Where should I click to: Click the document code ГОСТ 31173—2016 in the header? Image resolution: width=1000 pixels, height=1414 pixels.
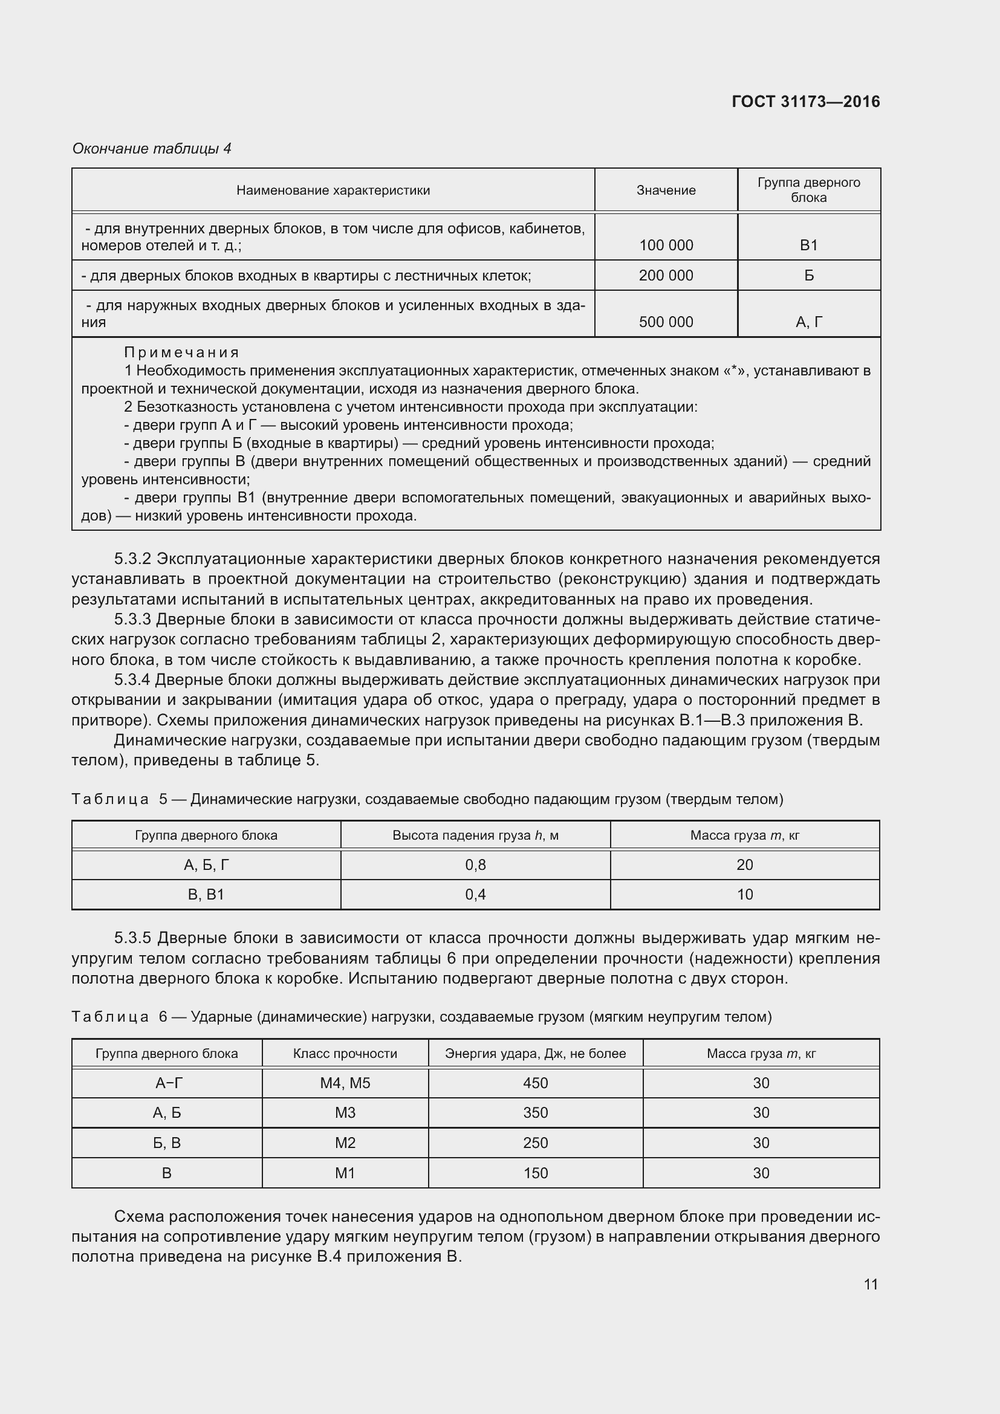pos(805,102)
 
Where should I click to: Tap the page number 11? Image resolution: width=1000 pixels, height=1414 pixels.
pos(870,1283)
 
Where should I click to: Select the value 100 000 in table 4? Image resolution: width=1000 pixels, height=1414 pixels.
pos(666,245)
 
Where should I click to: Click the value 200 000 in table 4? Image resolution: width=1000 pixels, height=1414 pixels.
pos(666,275)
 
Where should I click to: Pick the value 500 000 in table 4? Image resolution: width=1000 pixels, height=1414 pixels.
pos(666,322)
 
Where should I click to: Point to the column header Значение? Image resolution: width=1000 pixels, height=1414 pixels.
pos(666,190)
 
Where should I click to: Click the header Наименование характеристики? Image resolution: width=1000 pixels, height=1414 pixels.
pos(333,190)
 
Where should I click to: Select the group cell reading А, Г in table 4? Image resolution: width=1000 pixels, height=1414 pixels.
pos(808,322)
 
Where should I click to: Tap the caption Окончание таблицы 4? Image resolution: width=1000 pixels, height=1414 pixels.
pos(152,149)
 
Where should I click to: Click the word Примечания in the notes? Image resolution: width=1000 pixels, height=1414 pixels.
pos(181,352)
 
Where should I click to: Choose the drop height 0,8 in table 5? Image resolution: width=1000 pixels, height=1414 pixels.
pos(475,864)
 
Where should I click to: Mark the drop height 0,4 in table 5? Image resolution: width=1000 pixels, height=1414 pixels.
pos(475,894)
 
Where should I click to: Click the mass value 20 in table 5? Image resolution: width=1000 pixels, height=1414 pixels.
pos(744,864)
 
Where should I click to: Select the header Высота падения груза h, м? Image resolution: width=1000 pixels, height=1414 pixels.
pos(475,835)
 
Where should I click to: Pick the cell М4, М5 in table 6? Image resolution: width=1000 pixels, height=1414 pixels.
pos(345,1083)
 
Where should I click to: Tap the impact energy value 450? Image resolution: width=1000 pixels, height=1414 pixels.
pos(535,1083)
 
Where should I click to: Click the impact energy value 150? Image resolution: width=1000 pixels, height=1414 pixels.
pos(535,1173)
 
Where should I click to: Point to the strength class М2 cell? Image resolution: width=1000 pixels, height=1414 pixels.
pos(345,1143)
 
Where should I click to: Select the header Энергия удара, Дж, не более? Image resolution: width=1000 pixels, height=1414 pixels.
pos(535,1053)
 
